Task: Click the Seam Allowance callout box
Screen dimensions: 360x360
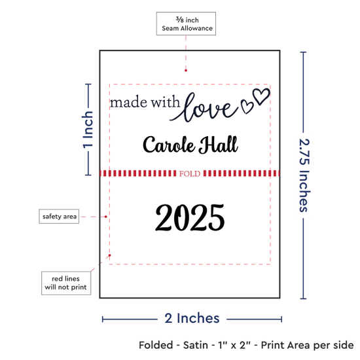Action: [x=186, y=24]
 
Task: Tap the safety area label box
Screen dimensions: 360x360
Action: [x=59, y=216]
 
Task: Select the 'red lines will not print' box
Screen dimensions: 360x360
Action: [x=66, y=283]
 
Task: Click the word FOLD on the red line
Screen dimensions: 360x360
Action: [x=190, y=173]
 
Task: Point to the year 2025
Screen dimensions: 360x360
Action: [x=190, y=218]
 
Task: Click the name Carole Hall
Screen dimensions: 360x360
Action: [x=190, y=145]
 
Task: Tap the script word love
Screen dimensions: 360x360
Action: [x=203, y=108]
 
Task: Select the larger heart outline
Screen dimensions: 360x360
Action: [x=261, y=96]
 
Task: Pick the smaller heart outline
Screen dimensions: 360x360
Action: [x=247, y=106]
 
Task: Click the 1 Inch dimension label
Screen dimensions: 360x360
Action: [x=88, y=130]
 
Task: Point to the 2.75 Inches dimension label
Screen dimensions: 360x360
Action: [x=304, y=175]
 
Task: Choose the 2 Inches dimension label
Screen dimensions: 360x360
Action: [x=192, y=318]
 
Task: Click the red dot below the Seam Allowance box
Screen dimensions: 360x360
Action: [x=186, y=71]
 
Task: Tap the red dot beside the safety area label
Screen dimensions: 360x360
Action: [x=106, y=217]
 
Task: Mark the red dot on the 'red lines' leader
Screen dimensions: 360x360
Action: [x=110, y=255]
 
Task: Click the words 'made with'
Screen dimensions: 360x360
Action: [x=145, y=102]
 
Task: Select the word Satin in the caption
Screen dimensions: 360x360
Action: [x=196, y=345]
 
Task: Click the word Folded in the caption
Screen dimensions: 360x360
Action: [x=156, y=345]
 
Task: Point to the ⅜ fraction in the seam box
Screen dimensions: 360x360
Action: [x=180, y=20]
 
